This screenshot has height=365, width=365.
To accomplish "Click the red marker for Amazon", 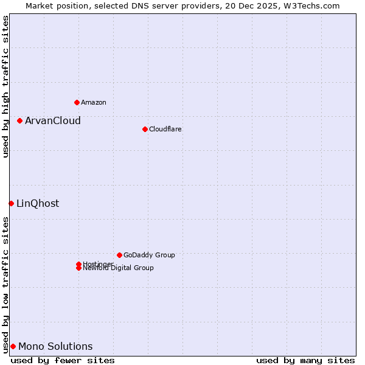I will pos(77,102).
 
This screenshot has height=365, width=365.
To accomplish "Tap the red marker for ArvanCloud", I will pos(19,120).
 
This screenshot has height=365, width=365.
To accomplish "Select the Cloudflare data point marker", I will pos(145,129).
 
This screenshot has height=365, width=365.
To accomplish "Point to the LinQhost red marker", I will pos(11,203).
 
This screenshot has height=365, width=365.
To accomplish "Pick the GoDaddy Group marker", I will pos(119,255).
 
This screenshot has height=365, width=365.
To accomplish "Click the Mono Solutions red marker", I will pos(13,346).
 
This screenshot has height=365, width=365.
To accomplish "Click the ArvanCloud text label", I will pos(52,120).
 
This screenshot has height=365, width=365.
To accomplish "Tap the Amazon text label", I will pos(93,102).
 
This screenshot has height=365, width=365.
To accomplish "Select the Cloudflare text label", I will pos(165,129).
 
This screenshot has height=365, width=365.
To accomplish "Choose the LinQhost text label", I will pos(38,203).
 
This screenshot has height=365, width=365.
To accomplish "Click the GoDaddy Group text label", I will pos(148,255).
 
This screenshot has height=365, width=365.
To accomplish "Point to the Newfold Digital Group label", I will pos(118,268).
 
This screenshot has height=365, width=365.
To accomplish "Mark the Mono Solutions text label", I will pos(55,346).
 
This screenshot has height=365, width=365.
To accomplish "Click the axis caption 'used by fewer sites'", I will pos(63,360).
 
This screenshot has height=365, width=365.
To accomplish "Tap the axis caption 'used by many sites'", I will pos(305,360).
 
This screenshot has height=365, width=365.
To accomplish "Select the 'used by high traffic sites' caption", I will pos(5,86).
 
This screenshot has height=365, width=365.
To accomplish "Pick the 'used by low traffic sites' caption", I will pos(5,284).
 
